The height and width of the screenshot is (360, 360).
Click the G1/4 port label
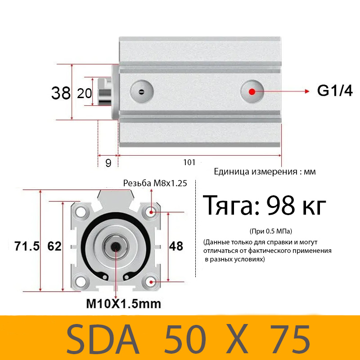[335, 91]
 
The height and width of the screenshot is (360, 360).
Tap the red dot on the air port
[252, 91]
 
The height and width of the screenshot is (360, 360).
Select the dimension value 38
[61, 93]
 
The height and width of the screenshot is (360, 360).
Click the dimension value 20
[84, 93]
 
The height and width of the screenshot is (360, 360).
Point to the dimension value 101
[189, 162]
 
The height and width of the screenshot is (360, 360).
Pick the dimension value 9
[108, 163]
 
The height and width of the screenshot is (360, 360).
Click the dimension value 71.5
[27, 246]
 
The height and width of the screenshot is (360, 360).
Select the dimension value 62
[54, 246]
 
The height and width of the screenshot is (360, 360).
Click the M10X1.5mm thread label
[123, 304]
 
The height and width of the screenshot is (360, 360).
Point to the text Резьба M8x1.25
[155, 183]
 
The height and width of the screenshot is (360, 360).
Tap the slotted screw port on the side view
[141, 92]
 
